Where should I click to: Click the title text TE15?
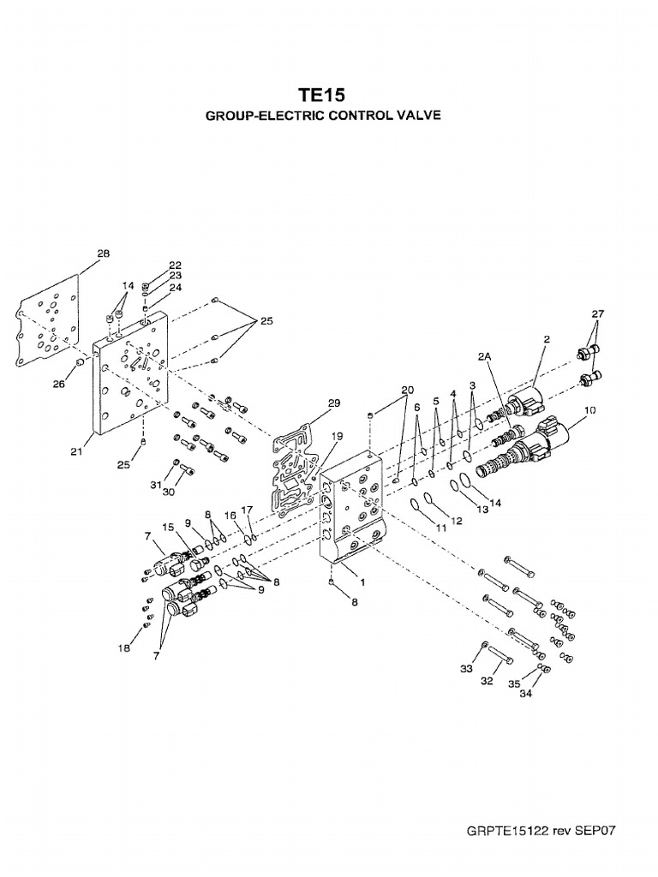(322, 94)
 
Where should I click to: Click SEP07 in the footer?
(596, 830)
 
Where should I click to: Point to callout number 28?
(103, 254)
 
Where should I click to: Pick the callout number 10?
(589, 411)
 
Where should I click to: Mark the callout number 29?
(333, 403)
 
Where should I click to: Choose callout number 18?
(124, 648)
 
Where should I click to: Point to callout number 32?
(486, 683)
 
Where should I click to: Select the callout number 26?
(57, 385)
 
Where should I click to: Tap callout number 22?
(175, 265)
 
